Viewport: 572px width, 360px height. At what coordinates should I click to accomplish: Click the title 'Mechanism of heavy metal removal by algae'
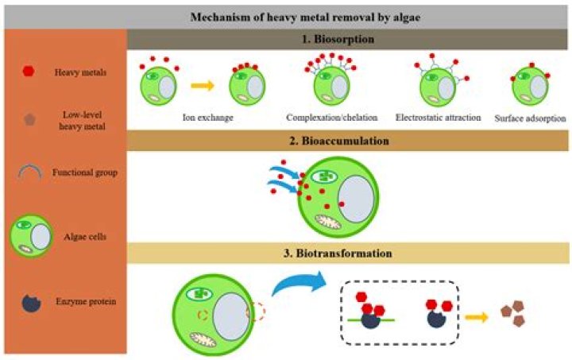[286, 17]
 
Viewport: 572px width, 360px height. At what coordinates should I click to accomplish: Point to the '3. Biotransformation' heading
[347, 254]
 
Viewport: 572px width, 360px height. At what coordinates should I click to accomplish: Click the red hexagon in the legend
[28, 71]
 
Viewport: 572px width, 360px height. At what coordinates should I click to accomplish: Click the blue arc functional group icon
[28, 172]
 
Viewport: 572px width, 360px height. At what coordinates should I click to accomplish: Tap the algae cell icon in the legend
[31, 235]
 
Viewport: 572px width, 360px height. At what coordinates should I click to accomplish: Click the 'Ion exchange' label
[207, 118]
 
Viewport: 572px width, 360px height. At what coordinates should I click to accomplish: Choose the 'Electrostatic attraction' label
[439, 118]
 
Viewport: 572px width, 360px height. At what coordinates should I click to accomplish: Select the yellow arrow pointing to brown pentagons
[476, 315]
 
